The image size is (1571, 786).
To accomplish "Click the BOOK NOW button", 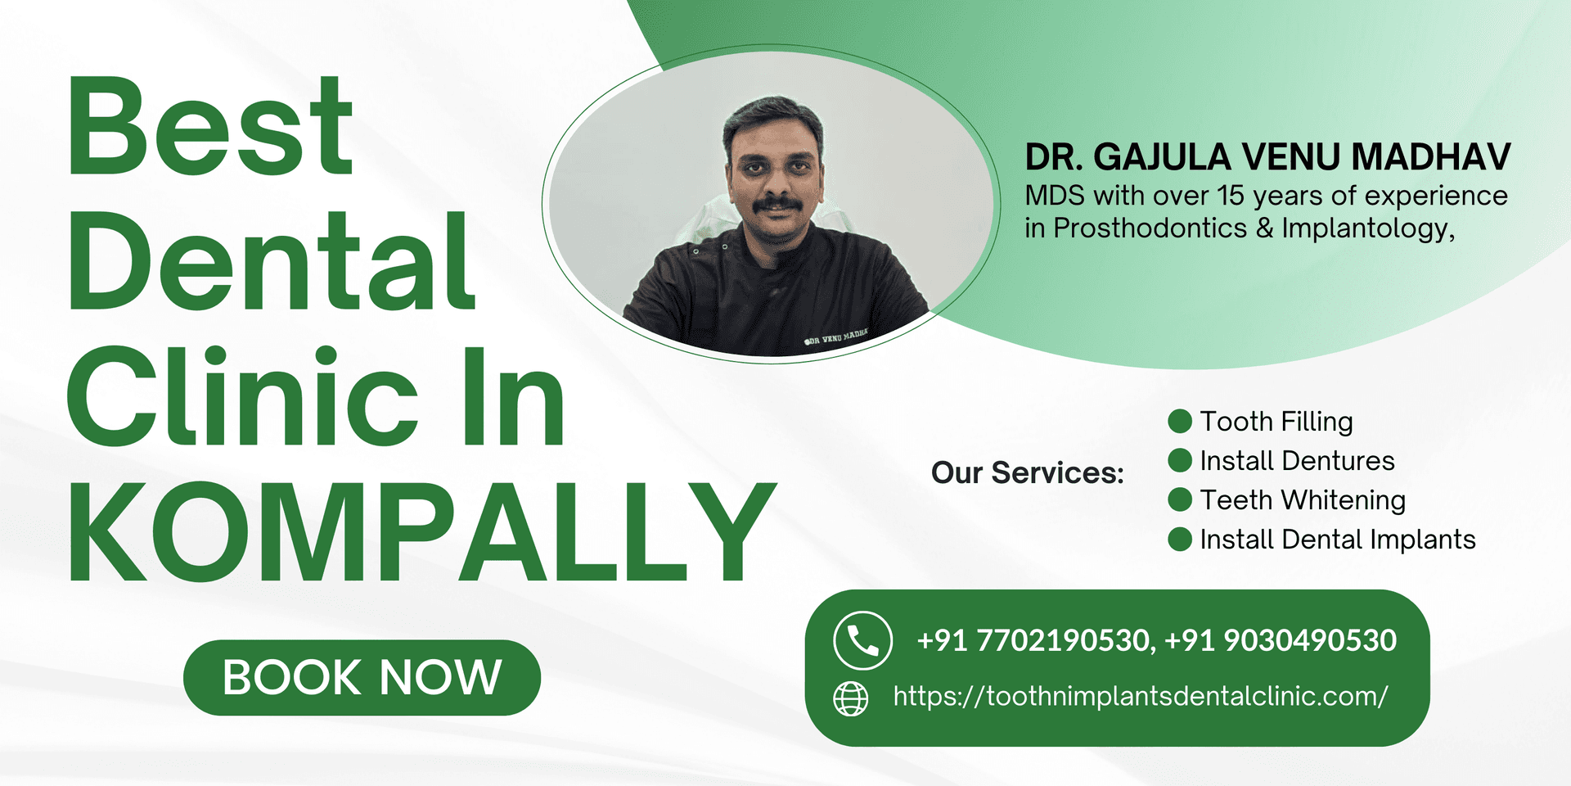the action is coord(362,677).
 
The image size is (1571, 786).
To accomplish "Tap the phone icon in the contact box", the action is coord(862,640).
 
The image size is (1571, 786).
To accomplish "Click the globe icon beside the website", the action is coord(850,698).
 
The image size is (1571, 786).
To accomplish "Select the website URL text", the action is coord(1140,697).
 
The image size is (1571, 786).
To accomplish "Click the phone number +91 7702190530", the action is coord(1033,640).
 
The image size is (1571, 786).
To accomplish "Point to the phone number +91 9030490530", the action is coord(1281,640).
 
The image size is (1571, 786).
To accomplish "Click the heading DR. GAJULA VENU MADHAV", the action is coord(1267,157).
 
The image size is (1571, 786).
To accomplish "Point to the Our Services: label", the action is coord(1028,472).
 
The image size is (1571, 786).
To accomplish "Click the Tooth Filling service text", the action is coord(1276,422).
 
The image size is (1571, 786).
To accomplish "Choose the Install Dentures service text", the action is coord(1297,461).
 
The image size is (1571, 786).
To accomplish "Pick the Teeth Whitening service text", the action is coord(1303,500).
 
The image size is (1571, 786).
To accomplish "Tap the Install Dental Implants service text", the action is coord(1338,540).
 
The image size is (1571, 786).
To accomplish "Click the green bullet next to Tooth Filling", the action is coord(1180,422).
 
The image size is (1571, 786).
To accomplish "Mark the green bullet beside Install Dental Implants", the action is coord(1180,540).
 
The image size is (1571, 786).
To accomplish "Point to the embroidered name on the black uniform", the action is coord(835,337).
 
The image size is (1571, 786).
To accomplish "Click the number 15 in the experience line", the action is coord(1231,196).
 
